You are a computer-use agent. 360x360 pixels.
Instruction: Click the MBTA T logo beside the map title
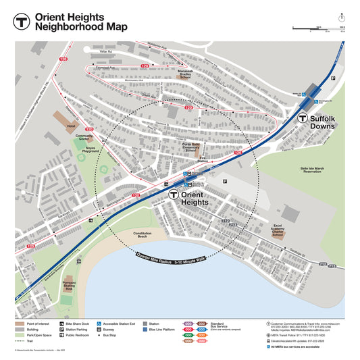[x=21, y=21]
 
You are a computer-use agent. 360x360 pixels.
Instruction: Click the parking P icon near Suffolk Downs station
[x=332, y=79]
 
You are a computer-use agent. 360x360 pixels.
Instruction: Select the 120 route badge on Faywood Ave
[x=145, y=66]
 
